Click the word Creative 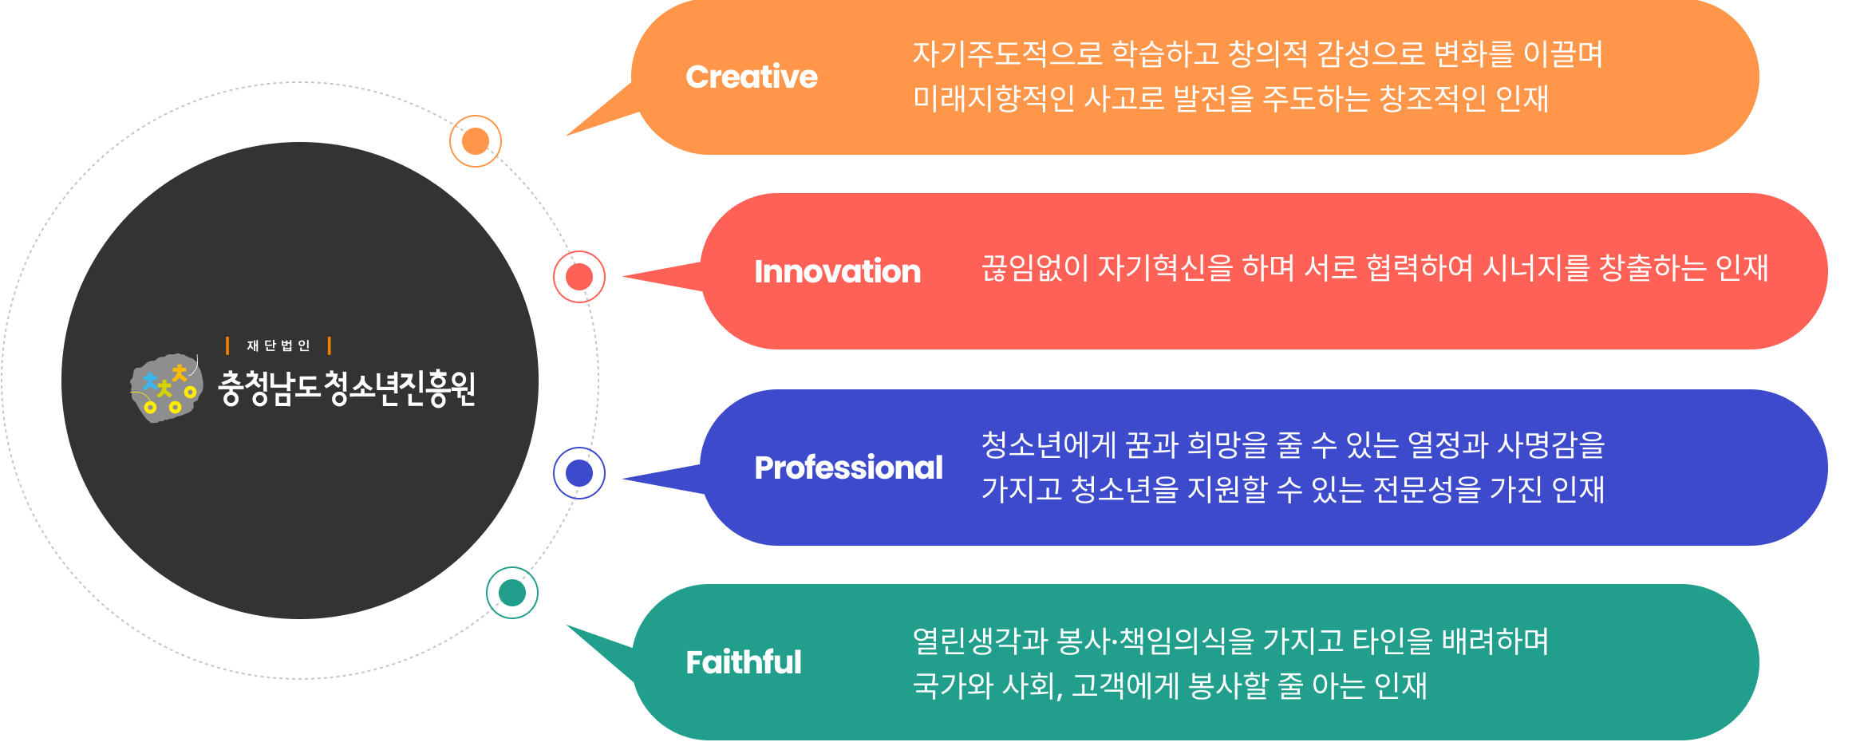tap(751, 77)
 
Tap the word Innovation tap(837, 271)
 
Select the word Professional tap(848, 468)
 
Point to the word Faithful tap(743, 662)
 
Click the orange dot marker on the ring tap(476, 141)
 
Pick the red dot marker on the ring tap(579, 277)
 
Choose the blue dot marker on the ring tap(579, 473)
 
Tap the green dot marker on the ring tap(512, 593)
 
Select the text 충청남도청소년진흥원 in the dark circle tap(346, 389)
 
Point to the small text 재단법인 tap(278, 345)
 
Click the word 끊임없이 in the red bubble tap(1034, 267)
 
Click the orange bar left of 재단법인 tap(227, 345)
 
